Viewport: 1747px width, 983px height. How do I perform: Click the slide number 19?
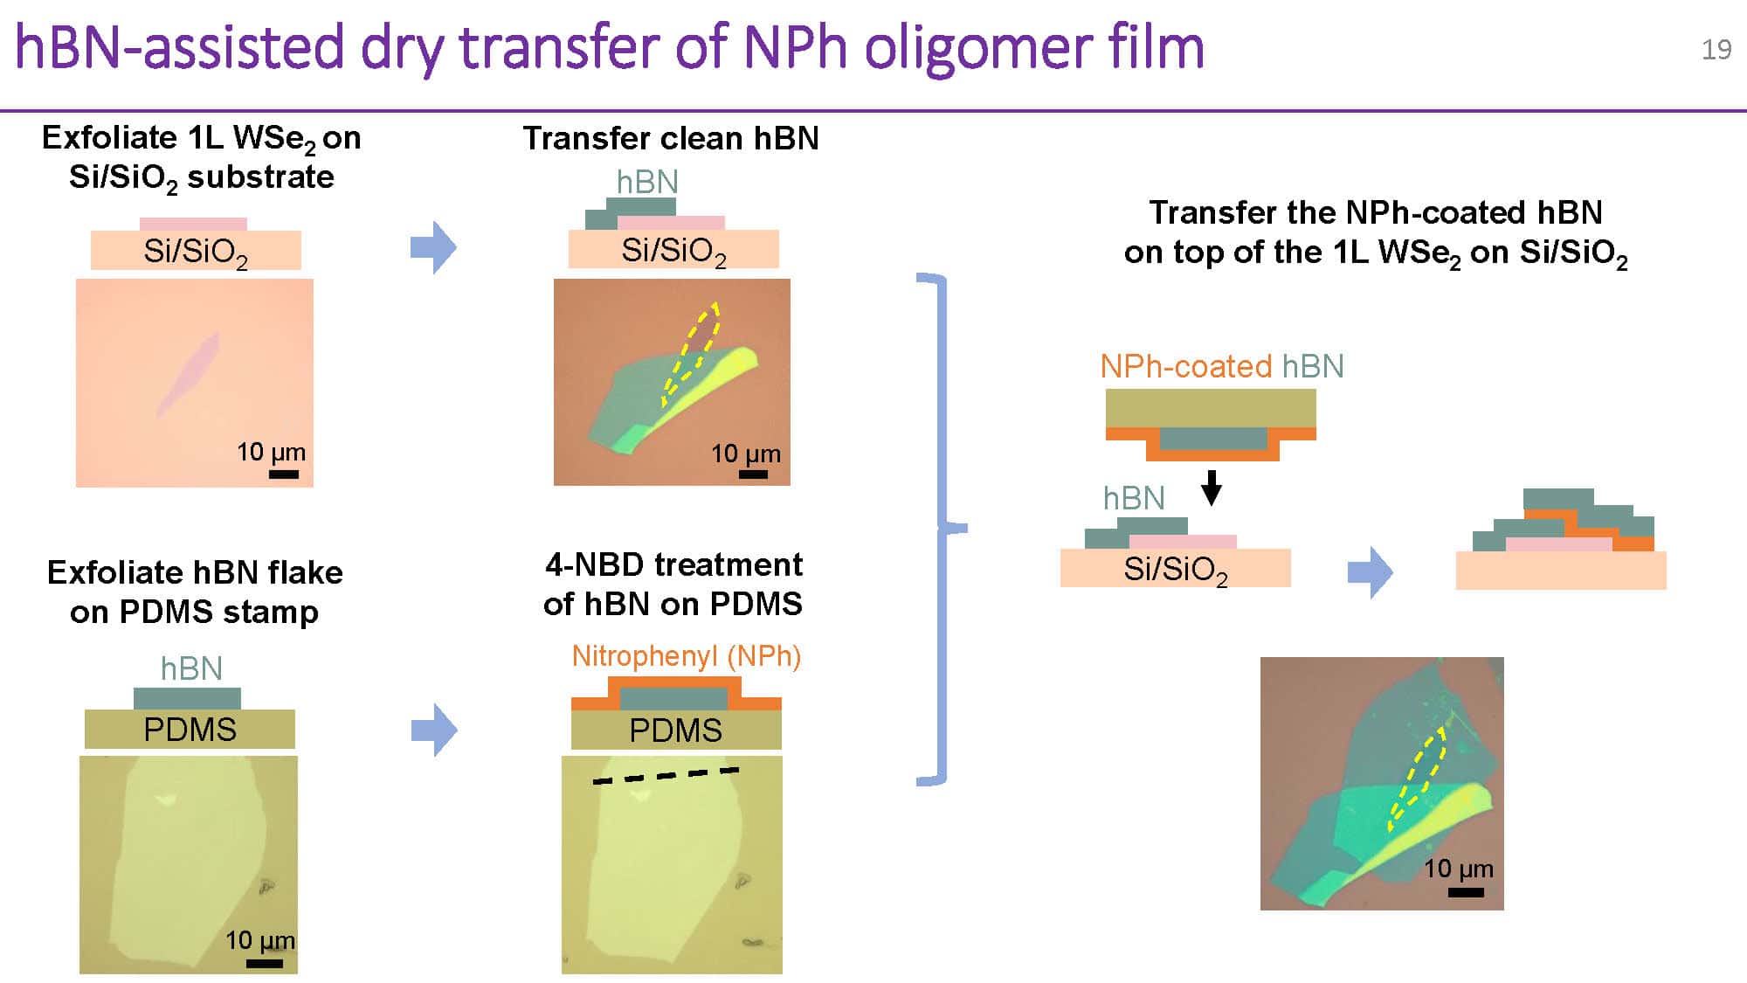(x=1716, y=49)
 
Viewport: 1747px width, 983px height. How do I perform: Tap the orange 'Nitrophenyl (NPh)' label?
(x=686, y=655)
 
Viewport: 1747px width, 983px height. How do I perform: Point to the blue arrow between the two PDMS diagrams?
(x=433, y=730)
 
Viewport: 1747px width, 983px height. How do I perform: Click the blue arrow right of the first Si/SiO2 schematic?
(x=433, y=247)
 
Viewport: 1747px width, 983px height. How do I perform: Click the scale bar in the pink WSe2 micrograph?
(x=284, y=474)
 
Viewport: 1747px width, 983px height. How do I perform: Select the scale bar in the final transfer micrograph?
(x=1466, y=892)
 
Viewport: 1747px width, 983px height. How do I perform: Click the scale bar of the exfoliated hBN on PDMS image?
(x=264, y=963)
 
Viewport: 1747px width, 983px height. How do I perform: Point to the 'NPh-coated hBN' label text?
(x=1221, y=366)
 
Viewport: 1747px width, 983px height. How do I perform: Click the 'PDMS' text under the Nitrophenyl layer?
(x=675, y=730)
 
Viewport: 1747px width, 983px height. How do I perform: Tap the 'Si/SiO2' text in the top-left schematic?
(x=196, y=252)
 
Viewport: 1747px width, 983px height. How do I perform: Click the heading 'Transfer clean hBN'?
(x=671, y=138)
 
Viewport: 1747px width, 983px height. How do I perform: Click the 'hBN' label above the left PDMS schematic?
(x=191, y=668)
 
